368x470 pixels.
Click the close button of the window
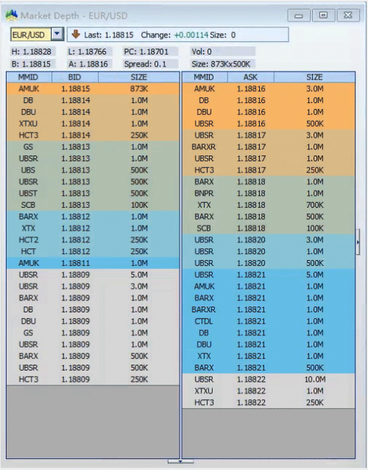click(348, 15)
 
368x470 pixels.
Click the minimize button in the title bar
click(299, 15)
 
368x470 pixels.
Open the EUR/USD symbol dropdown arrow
click(57, 34)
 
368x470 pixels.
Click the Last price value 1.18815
click(119, 35)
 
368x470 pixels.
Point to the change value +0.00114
click(191, 35)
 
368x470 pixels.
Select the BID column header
click(74, 77)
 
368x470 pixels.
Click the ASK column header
click(250, 77)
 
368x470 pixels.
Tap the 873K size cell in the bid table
click(139, 88)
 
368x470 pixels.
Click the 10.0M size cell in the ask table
click(315, 379)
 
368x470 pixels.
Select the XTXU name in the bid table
click(29, 124)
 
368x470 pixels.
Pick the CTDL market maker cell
click(204, 321)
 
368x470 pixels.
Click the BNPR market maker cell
click(204, 193)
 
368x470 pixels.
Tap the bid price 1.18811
click(76, 263)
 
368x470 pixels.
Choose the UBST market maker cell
click(29, 193)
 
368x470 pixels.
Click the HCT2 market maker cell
click(29, 240)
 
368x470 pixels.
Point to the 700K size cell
click(315, 205)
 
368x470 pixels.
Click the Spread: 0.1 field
click(145, 64)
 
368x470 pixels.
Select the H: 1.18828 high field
click(31, 52)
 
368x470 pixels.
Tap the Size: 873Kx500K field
click(221, 64)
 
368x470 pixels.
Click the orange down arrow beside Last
click(76, 34)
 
